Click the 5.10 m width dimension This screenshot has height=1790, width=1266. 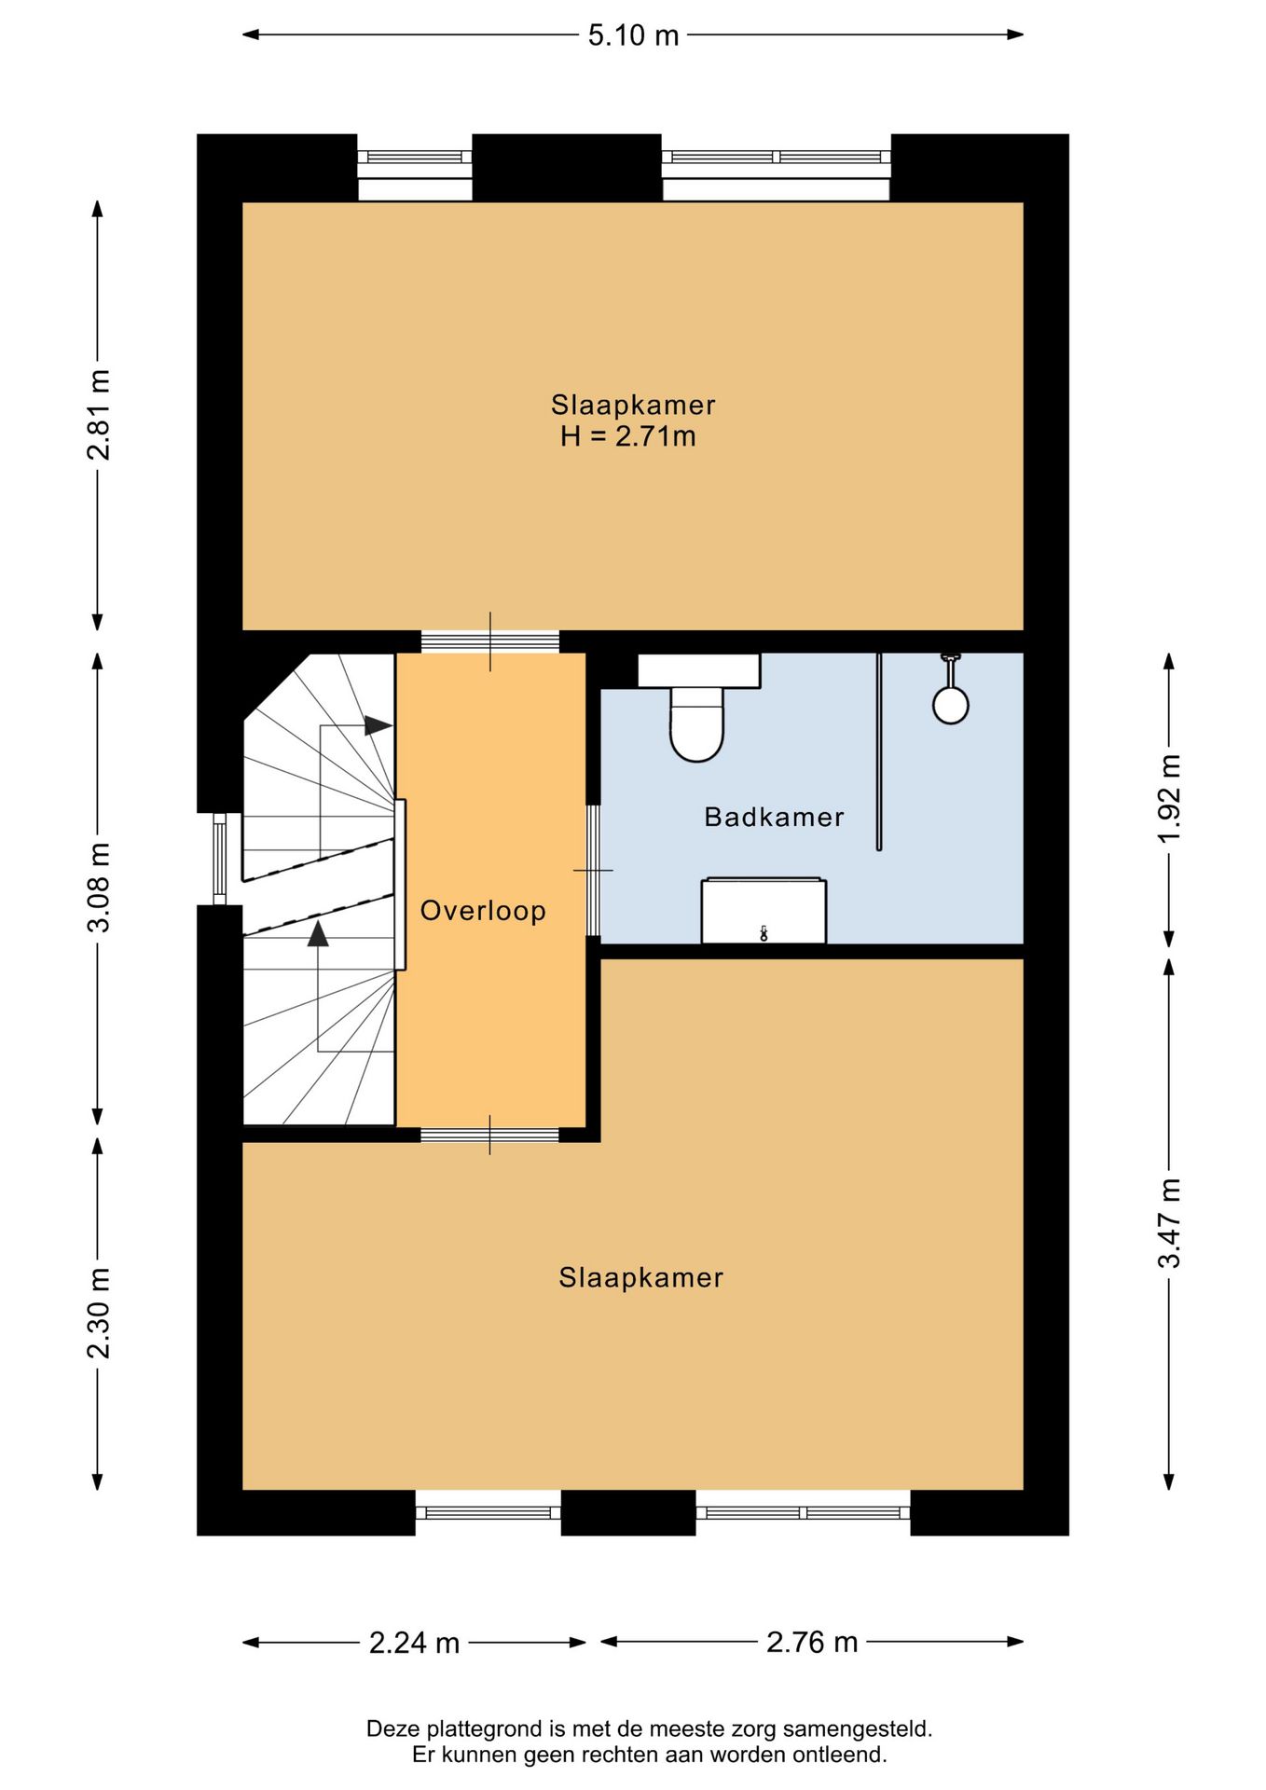coord(633,35)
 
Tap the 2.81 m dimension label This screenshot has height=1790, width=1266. coord(99,415)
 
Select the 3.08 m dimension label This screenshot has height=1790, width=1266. coord(99,887)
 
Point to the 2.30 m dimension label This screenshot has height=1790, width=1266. coord(99,1314)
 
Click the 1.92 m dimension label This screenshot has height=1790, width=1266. coord(1169,799)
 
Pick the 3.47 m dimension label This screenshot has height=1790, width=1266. coord(1169,1223)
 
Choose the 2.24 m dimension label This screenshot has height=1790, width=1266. coord(414,1642)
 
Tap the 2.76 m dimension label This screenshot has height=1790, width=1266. coord(812,1642)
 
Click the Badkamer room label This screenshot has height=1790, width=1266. coord(774,818)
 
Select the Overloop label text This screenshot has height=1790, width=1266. coord(483,911)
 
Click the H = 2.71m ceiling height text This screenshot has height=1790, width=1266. coord(628,436)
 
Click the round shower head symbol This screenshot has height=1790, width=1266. coord(951,705)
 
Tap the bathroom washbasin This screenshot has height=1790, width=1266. coord(764,910)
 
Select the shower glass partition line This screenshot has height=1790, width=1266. coord(879,751)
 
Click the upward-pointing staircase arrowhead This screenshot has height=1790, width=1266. coord(319,933)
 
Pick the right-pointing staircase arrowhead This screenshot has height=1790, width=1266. coord(378,725)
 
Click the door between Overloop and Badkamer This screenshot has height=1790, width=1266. coord(593,870)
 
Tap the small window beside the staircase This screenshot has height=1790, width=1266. coord(220,859)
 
